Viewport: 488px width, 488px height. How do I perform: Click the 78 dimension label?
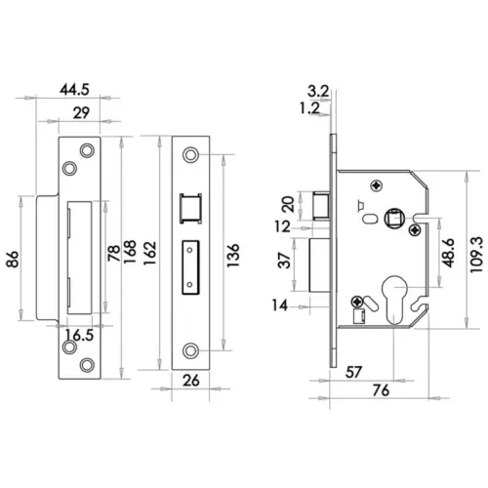112,254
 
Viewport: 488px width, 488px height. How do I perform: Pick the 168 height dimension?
129,254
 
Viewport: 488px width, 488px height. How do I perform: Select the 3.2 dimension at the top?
317,91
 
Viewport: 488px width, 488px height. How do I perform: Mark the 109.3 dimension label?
476,253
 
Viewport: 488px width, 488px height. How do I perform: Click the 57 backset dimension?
355,372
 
